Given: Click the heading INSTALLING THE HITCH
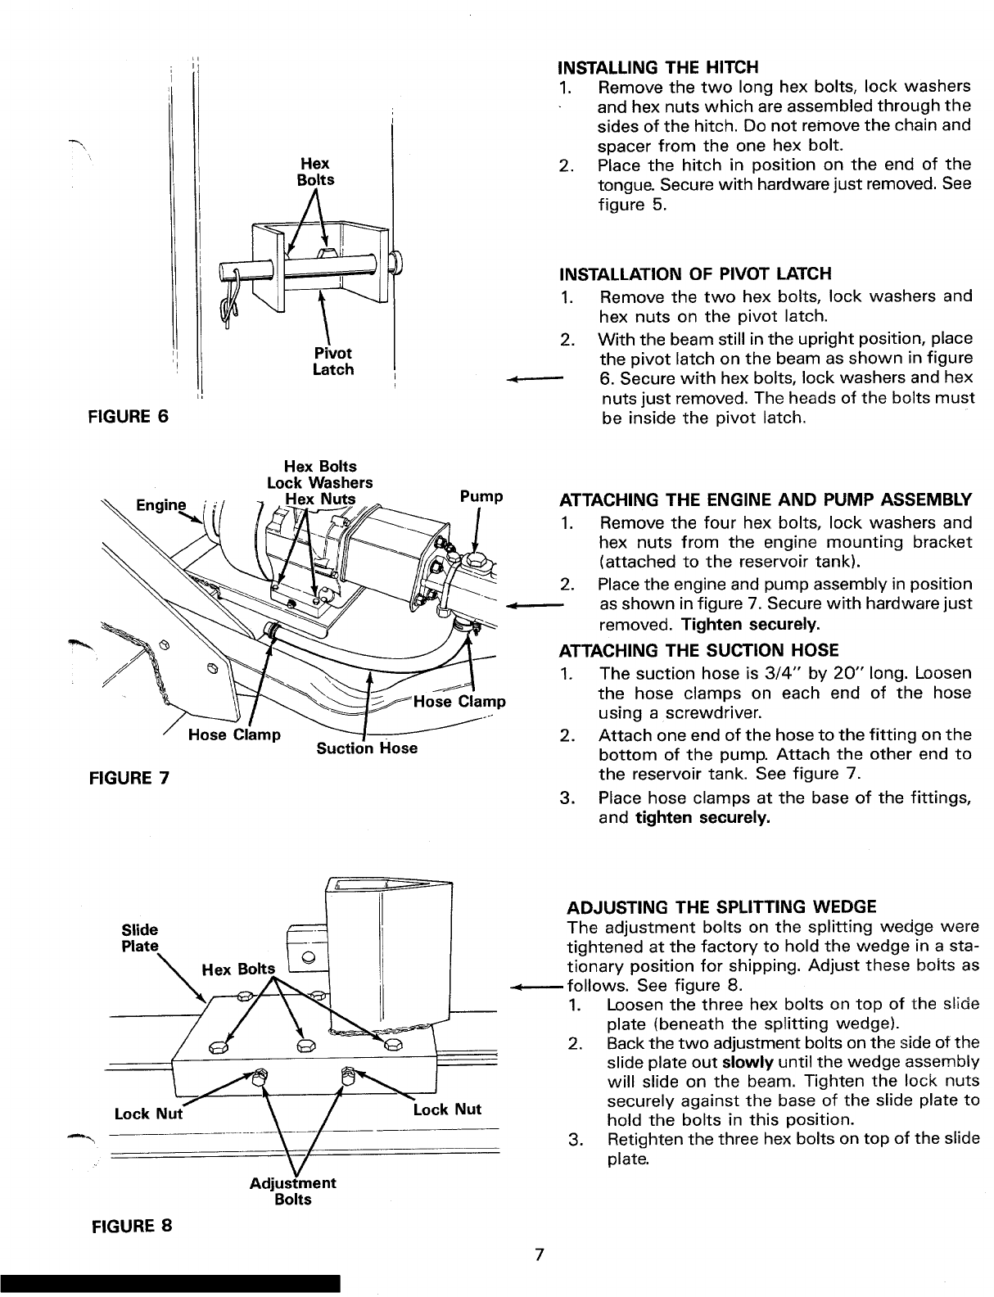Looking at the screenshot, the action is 657,67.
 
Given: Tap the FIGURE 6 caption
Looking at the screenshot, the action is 129,416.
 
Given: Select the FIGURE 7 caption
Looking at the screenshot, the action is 129,778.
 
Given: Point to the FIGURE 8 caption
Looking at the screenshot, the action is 132,1226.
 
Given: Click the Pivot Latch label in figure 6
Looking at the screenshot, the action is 333,361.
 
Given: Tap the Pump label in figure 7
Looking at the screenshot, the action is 481,496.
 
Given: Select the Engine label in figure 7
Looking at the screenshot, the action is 161,505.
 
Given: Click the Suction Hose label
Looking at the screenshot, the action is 366,748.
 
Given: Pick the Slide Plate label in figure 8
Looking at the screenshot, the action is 140,938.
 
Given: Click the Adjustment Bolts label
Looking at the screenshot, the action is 292,1191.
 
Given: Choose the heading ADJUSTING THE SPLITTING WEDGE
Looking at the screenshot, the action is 721,907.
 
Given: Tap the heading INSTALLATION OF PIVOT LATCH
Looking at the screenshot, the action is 695,273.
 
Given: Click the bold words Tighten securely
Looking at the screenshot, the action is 751,624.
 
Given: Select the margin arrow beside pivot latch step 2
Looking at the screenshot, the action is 535,378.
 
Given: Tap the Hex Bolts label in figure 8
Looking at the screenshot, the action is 238,969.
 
